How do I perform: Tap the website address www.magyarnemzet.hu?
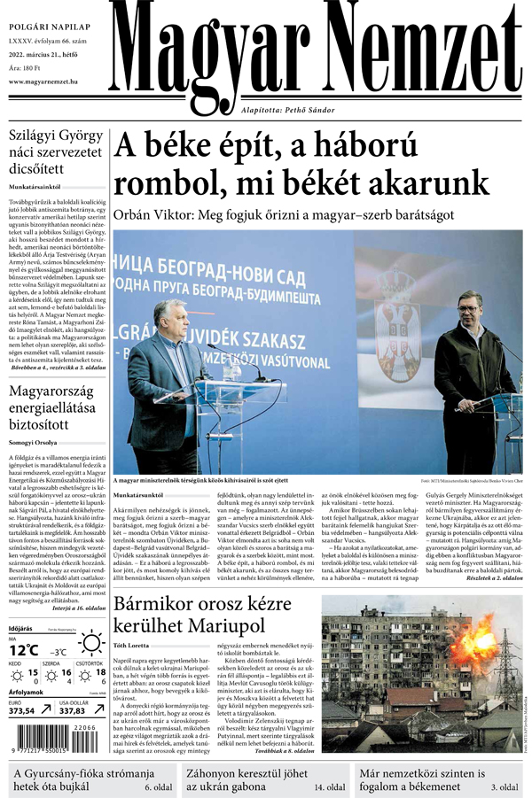pos(51,81)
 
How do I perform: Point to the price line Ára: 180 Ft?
pos(26,67)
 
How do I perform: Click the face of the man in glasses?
pos(166,317)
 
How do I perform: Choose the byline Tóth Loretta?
pos(131,622)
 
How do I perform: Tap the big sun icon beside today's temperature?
pos(90,643)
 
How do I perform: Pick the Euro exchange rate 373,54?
pos(22,710)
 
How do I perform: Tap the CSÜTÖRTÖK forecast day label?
pos(90,662)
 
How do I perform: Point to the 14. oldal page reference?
pos(328,786)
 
